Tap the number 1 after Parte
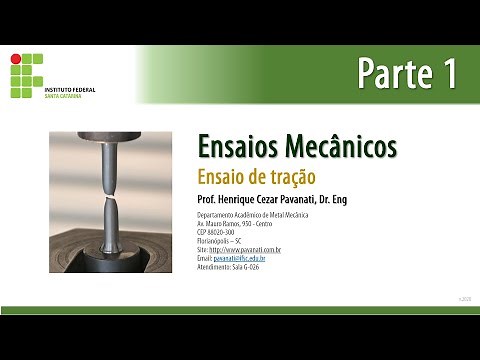click(446, 74)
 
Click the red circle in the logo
click(15, 59)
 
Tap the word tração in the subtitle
click(293, 176)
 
